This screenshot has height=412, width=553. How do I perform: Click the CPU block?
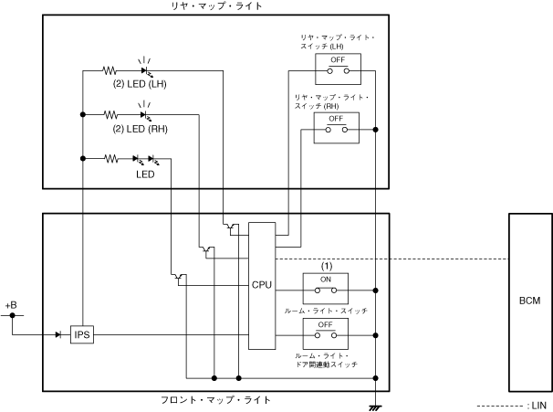pyautogui.click(x=262, y=285)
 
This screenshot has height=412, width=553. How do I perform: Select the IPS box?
pyautogui.click(x=82, y=335)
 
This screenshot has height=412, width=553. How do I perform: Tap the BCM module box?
pyautogui.click(x=529, y=301)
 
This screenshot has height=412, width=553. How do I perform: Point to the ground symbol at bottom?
pyautogui.click(x=375, y=405)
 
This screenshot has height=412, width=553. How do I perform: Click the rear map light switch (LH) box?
pyautogui.click(x=337, y=67)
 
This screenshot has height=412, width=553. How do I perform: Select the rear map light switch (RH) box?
pyautogui.click(x=337, y=128)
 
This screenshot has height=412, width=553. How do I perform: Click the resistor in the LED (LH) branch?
pyautogui.click(x=110, y=69)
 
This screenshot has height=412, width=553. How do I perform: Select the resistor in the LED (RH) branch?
pyautogui.click(x=110, y=114)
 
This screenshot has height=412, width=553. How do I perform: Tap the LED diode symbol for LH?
pyautogui.click(x=144, y=69)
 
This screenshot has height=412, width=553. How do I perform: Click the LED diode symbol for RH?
pyautogui.click(x=144, y=114)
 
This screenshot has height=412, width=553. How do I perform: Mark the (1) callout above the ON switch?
pyautogui.click(x=326, y=266)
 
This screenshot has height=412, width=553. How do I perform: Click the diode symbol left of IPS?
pyautogui.click(x=57, y=335)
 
